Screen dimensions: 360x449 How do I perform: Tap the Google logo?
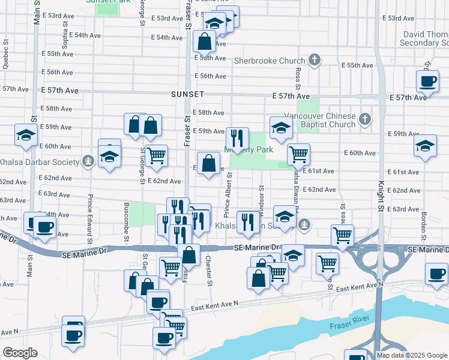point(20,353)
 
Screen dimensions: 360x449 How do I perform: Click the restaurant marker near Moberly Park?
point(238,138)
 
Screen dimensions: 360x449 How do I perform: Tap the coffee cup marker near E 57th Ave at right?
point(428,82)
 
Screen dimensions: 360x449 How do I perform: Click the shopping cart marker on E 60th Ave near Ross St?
point(298,154)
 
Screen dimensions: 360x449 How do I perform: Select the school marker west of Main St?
point(26,136)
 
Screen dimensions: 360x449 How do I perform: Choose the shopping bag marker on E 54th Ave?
point(204,41)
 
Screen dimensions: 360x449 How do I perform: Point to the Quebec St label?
point(6,55)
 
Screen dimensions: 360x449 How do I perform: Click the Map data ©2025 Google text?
point(411,355)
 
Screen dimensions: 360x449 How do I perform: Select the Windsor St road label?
point(262,198)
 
